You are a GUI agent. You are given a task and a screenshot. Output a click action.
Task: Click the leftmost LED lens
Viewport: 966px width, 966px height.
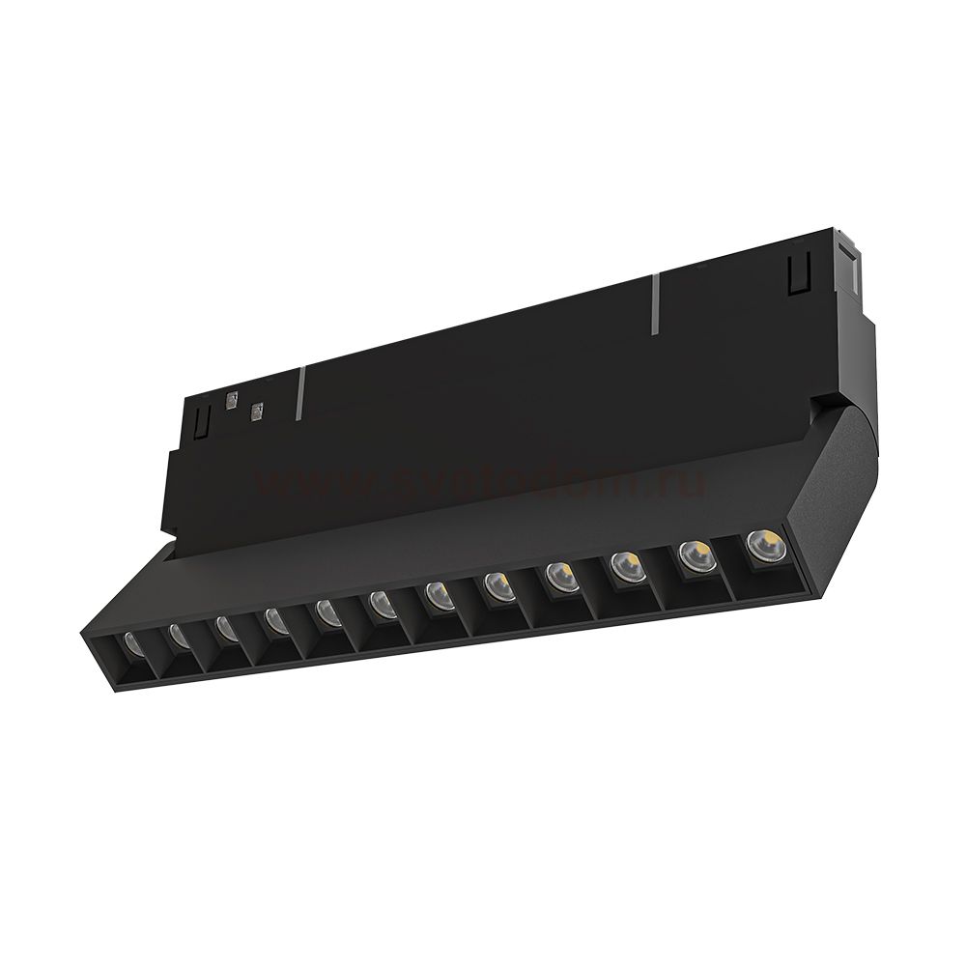132,642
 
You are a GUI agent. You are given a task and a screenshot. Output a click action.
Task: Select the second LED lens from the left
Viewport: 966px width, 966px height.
178,635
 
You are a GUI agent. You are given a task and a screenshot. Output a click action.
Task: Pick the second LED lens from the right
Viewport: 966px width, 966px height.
695,554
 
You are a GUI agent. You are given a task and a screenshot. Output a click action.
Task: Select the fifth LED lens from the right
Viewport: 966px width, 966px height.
498,584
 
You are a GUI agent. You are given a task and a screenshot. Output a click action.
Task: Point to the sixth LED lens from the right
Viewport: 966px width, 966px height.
440,595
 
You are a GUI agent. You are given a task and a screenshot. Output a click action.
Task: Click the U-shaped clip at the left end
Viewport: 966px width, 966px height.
201,421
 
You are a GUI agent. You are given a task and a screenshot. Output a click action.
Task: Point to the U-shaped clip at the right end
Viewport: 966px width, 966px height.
798,272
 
